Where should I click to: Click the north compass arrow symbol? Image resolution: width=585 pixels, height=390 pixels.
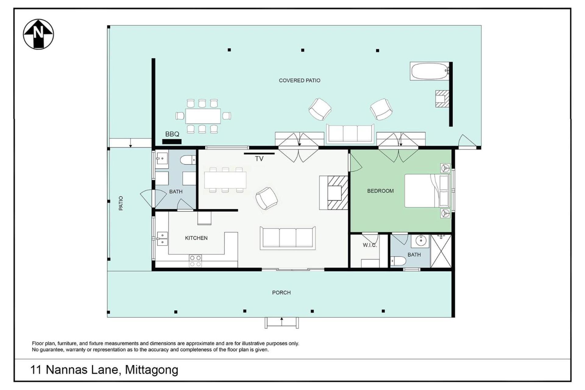38,34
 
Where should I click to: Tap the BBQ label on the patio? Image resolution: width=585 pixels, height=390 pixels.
172,134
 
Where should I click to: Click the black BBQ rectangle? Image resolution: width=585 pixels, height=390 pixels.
172,141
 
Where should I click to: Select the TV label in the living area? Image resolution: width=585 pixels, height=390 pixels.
259,159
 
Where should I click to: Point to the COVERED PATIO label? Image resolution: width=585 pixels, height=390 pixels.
300,80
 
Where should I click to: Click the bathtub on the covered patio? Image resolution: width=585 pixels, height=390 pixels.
430,71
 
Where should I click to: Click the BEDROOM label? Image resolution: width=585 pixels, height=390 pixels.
380,191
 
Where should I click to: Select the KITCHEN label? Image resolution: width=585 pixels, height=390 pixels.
196,238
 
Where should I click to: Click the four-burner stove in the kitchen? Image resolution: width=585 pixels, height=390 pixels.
195,261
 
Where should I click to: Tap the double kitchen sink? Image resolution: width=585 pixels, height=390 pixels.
162,239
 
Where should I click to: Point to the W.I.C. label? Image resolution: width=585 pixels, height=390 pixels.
370,245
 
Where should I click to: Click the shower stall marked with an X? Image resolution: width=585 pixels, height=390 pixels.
441,251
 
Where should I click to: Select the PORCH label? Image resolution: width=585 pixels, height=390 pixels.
281,293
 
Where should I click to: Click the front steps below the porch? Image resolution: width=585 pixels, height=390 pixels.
282,323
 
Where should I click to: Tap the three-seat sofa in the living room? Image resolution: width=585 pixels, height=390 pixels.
288,238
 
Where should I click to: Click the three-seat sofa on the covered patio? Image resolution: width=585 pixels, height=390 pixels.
350,133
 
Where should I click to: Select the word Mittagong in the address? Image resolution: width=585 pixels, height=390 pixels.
151,370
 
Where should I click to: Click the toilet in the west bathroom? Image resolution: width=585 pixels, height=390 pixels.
188,160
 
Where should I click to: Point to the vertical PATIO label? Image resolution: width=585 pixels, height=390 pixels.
121,203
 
